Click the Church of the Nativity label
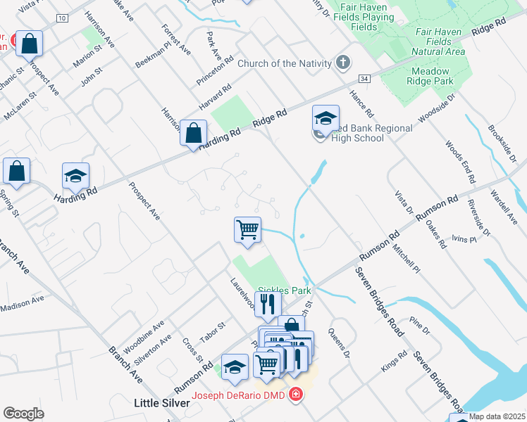point(284,63)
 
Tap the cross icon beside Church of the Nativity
point(343,63)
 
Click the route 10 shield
point(63,18)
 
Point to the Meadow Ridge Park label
point(431,76)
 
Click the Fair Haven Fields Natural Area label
point(440,42)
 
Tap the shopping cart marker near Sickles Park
point(247,229)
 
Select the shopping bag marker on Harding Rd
point(192,132)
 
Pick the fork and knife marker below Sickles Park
point(268,305)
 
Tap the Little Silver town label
point(161,403)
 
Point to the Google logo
point(23,414)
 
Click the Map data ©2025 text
point(497,416)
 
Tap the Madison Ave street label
point(22,303)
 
